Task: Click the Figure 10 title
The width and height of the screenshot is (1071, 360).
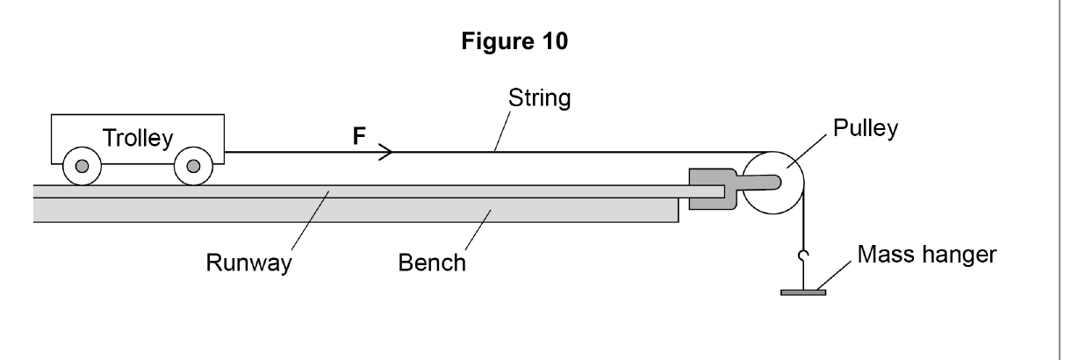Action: [x=514, y=41]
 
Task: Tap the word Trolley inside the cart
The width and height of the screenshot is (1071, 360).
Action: [x=138, y=139]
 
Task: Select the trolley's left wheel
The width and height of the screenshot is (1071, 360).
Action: [x=83, y=166]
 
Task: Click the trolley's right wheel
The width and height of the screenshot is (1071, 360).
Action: [x=193, y=166]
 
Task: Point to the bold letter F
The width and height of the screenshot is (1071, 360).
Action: [x=359, y=136]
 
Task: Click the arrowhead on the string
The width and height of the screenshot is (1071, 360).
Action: [x=385, y=152]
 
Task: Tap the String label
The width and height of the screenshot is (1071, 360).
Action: [x=539, y=98]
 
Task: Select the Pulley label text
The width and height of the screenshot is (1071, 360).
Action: [x=866, y=128]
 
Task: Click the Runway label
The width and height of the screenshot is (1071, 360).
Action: [x=248, y=263]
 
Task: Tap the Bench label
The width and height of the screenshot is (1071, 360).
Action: [x=432, y=263]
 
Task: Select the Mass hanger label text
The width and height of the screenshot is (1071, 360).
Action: [x=927, y=255]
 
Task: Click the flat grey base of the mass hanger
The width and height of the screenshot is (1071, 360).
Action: [x=803, y=292]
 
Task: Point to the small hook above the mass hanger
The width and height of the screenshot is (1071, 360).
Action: [x=802, y=256]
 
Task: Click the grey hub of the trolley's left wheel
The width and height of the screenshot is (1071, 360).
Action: [x=83, y=166]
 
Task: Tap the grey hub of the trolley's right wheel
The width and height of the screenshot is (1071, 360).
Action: [x=193, y=166]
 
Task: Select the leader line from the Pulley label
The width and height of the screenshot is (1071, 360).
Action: [x=807, y=152]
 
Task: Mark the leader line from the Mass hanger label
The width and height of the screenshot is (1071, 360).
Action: [x=833, y=276]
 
